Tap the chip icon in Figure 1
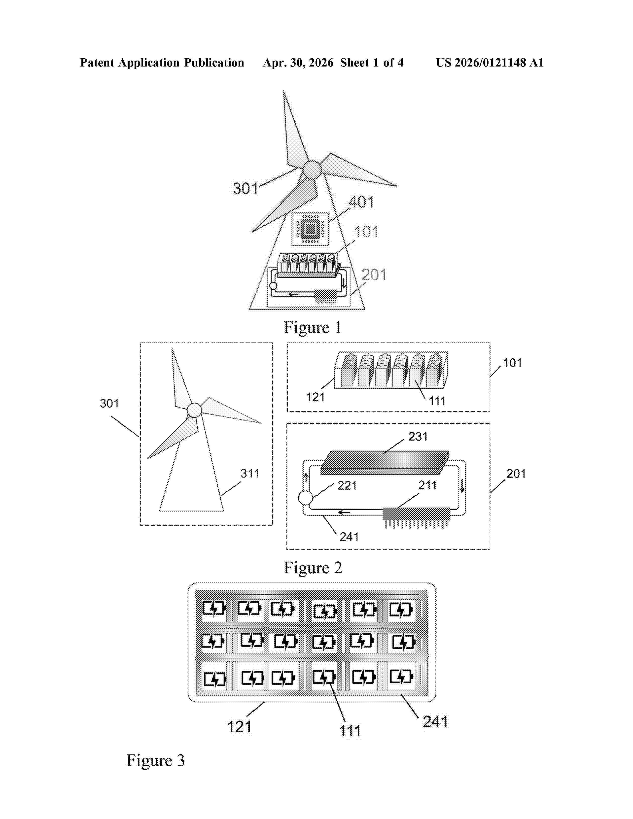click(x=310, y=230)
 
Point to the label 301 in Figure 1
click(x=246, y=188)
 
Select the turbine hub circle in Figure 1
click(x=312, y=170)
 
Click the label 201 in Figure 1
click(x=374, y=275)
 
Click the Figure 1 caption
click(x=312, y=327)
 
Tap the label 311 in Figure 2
click(x=250, y=473)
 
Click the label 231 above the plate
click(x=418, y=436)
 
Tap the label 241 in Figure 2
click(x=349, y=537)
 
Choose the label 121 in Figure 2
click(x=315, y=397)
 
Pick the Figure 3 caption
click(x=155, y=760)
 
